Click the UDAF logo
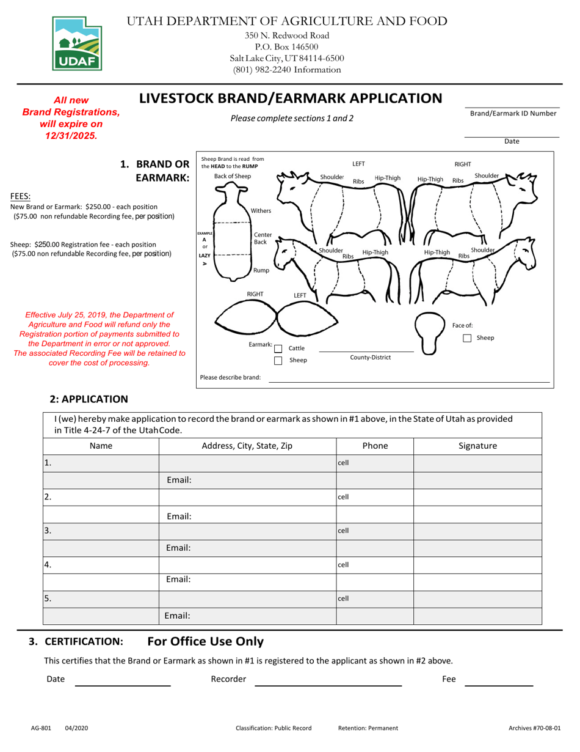tap(78, 43)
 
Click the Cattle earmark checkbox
tap(278, 348)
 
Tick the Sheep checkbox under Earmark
tap(278, 361)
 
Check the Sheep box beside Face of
tap(467, 338)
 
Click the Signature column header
tap(477, 446)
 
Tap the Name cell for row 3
tap(101, 531)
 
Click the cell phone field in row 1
tap(375, 463)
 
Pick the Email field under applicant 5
tap(247, 616)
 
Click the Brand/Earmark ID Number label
tap(513, 113)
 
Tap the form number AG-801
tap(42, 728)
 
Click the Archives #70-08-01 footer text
tap(534, 728)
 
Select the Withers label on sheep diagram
tap(261, 211)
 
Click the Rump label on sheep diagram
tap(261, 270)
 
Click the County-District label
tap(370, 357)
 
